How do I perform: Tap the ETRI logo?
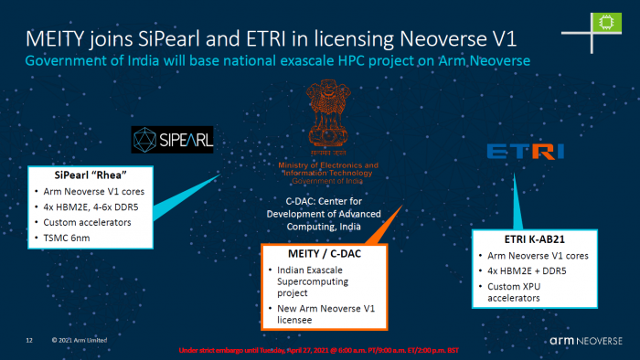tap(526, 151)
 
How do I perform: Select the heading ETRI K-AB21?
tap(524, 238)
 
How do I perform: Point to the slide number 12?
tap(29, 340)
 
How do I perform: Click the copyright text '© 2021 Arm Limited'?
tap(80, 340)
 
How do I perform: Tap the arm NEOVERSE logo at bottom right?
tap(588, 340)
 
